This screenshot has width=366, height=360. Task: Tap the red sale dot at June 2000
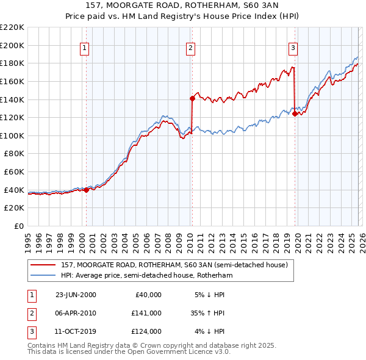coord(86,190)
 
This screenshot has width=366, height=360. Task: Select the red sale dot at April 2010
coord(192,98)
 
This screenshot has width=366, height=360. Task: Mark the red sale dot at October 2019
coord(295,113)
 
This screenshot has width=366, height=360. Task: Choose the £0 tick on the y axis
coord(18,226)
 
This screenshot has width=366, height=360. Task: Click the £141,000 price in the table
coord(146,313)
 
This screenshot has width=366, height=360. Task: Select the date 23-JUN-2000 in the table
coord(76,295)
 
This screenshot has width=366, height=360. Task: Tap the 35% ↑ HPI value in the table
coord(208,313)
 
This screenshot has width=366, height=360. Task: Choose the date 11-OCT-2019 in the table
coord(76,331)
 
